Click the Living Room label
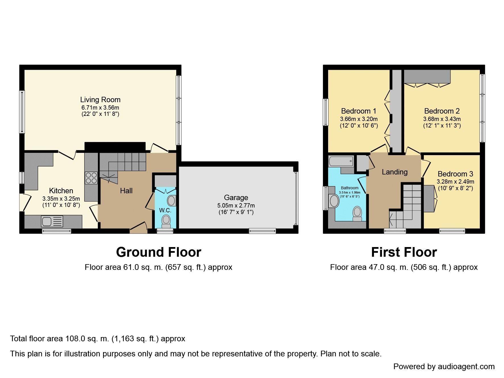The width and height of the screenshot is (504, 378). tap(100, 100)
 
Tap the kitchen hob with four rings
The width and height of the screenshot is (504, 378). tap(91, 178)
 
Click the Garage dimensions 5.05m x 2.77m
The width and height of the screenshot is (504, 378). tap(236, 206)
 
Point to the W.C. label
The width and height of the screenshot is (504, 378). tap(165, 210)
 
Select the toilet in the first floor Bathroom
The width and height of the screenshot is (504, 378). tap(357, 213)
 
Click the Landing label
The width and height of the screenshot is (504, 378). tap(394, 172)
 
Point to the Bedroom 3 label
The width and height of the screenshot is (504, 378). tap(455, 174)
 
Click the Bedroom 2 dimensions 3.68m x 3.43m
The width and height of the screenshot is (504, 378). tap(442, 119)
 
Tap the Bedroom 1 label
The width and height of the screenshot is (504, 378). tap(359, 111)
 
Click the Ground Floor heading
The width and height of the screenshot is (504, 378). tap(159, 252)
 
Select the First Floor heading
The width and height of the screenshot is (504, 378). tap(404, 252)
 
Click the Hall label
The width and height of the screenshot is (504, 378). tap(126, 191)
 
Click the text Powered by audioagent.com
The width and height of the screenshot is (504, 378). tap(444, 367)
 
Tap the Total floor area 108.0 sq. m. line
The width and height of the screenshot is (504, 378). tap(98, 339)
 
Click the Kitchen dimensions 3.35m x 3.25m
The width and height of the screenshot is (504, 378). tap(61, 199)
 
